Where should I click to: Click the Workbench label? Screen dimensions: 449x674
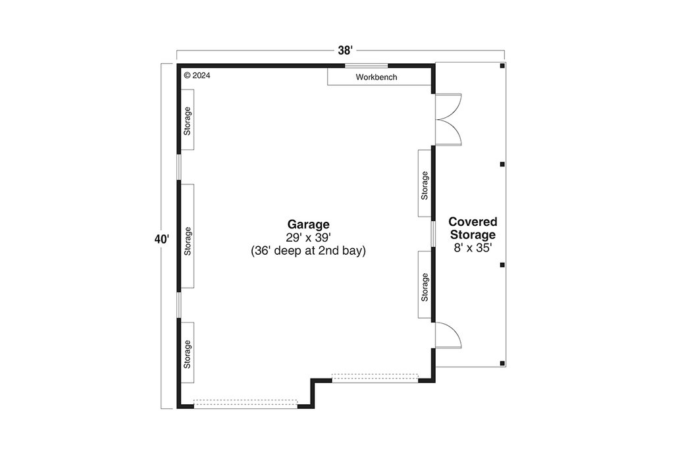(x=376, y=78)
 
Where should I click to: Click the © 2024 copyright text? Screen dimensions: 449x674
(x=197, y=76)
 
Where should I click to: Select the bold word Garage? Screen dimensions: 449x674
(x=307, y=224)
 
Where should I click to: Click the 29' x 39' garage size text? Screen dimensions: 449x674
(x=307, y=237)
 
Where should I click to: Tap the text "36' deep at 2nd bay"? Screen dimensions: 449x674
(x=307, y=251)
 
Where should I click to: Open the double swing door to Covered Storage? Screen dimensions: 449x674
(x=449, y=119)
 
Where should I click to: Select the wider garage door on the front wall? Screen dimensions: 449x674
(x=246, y=403)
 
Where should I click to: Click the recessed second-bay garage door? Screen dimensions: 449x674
(x=375, y=377)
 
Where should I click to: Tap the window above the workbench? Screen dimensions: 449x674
(x=367, y=65)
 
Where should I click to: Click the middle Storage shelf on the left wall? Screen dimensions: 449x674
(x=188, y=237)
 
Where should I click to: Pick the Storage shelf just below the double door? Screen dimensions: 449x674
(x=425, y=184)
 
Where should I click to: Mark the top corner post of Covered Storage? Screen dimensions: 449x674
(x=502, y=66)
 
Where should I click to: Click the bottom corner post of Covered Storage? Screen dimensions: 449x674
(x=502, y=363)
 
